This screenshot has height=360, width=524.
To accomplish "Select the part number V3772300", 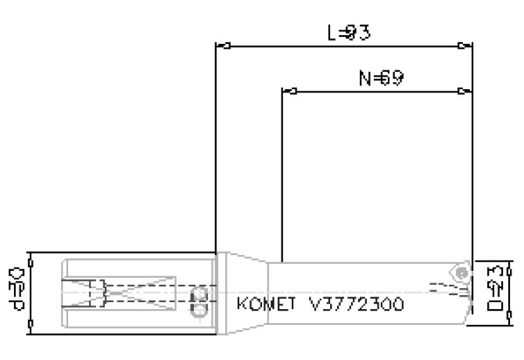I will coord(357,302).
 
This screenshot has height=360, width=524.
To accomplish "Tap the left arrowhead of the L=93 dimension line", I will coord(221,45).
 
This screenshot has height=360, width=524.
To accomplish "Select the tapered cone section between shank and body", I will coord(246,290).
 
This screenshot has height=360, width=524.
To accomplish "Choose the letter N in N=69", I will coord(363,78).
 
